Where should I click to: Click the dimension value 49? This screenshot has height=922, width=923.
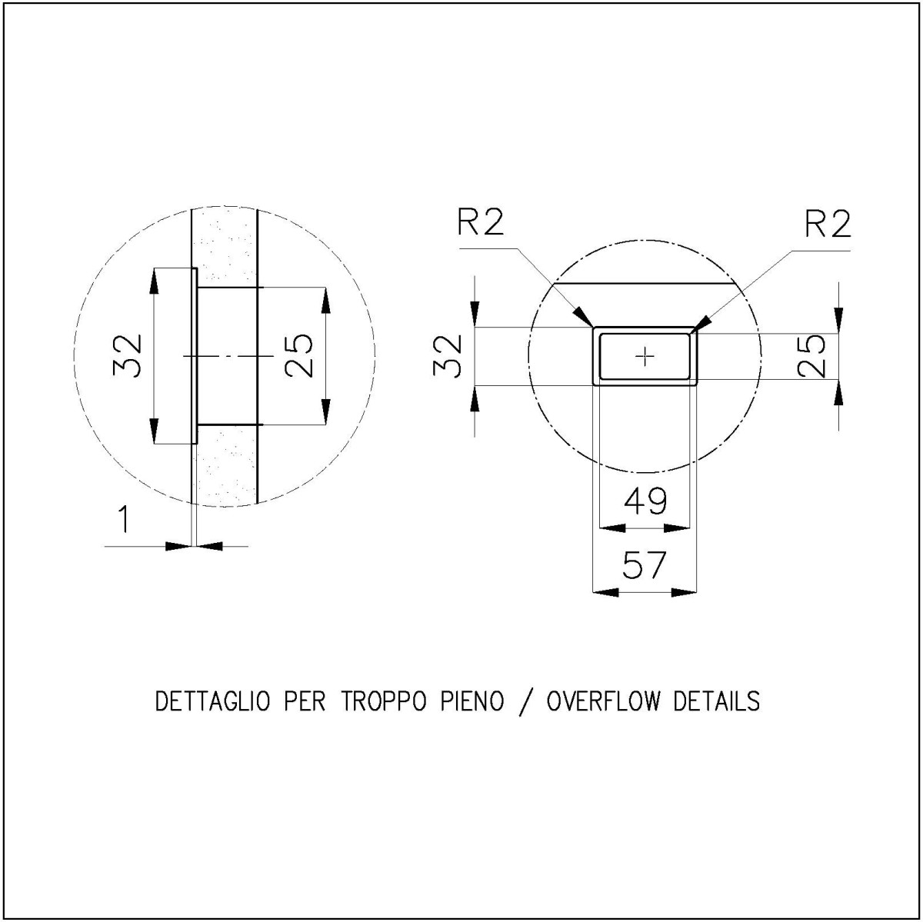(x=645, y=501)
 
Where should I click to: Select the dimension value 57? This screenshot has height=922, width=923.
(x=645, y=565)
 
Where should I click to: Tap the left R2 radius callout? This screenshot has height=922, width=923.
(x=481, y=223)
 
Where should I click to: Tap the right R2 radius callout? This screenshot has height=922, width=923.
(x=828, y=224)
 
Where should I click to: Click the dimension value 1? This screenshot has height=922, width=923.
(x=124, y=519)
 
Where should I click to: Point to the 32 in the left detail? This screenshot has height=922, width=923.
(x=128, y=355)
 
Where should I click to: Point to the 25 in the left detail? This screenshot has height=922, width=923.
(x=298, y=355)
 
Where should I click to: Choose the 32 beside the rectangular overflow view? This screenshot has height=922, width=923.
(x=448, y=355)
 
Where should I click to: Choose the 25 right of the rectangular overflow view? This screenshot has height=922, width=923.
(x=811, y=355)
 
